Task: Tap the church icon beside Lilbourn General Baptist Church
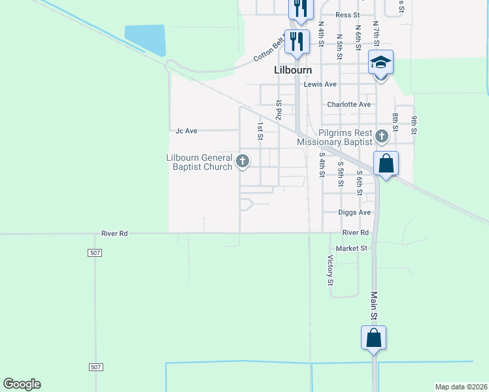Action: [x=243, y=160]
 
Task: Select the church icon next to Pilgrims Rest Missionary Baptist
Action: [x=382, y=136]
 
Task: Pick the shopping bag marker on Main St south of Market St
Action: [x=373, y=338]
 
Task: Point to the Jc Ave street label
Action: [x=186, y=131]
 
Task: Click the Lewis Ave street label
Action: [x=320, y=84]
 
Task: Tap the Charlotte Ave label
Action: [x=349, y=105]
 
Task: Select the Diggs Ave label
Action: [x=354, y=212]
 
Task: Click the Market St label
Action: [x=352, y=248]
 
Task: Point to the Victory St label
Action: [x=330, y=270]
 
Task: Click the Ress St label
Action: [x=347, y=14]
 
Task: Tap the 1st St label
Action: [x=260, y=131]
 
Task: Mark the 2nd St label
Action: [x=278, y=110]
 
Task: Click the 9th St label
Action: [x=414, y=125]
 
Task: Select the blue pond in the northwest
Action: [x=145, y=39]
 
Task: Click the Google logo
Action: [x=22, y=384]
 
